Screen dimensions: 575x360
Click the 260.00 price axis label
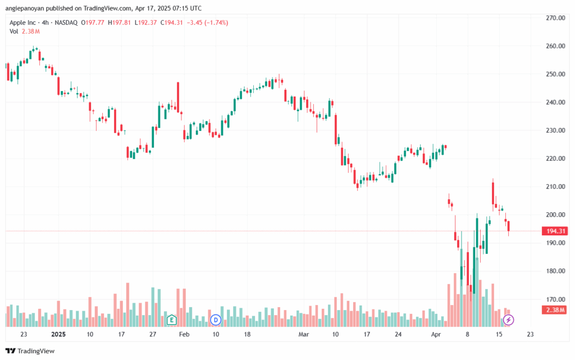pos(555,46)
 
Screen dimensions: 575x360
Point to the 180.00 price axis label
pos(555,271)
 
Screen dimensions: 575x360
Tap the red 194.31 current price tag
pos(555,231)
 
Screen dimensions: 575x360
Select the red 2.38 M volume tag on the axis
pos(555,310)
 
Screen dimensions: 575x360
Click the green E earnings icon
pos(171,320)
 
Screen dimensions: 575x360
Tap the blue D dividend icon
pos(216,320)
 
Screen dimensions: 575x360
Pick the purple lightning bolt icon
pos(508,320)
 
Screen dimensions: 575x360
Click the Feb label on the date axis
pos(184,334)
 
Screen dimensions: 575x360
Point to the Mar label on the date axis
pos(304,334)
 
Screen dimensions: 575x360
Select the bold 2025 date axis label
pos(58,334)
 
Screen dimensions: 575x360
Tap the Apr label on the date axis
pos(436,334)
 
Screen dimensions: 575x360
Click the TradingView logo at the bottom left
pos(30,351)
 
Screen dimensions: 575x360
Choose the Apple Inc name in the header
pos(22,22)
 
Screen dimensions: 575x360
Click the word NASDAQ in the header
pos(66,22)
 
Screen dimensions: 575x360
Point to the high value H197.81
pos(119,22)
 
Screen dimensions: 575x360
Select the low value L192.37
pos(145,22)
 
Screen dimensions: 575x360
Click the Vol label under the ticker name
pos(14,31)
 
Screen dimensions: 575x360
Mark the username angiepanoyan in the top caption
pos(25,8)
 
